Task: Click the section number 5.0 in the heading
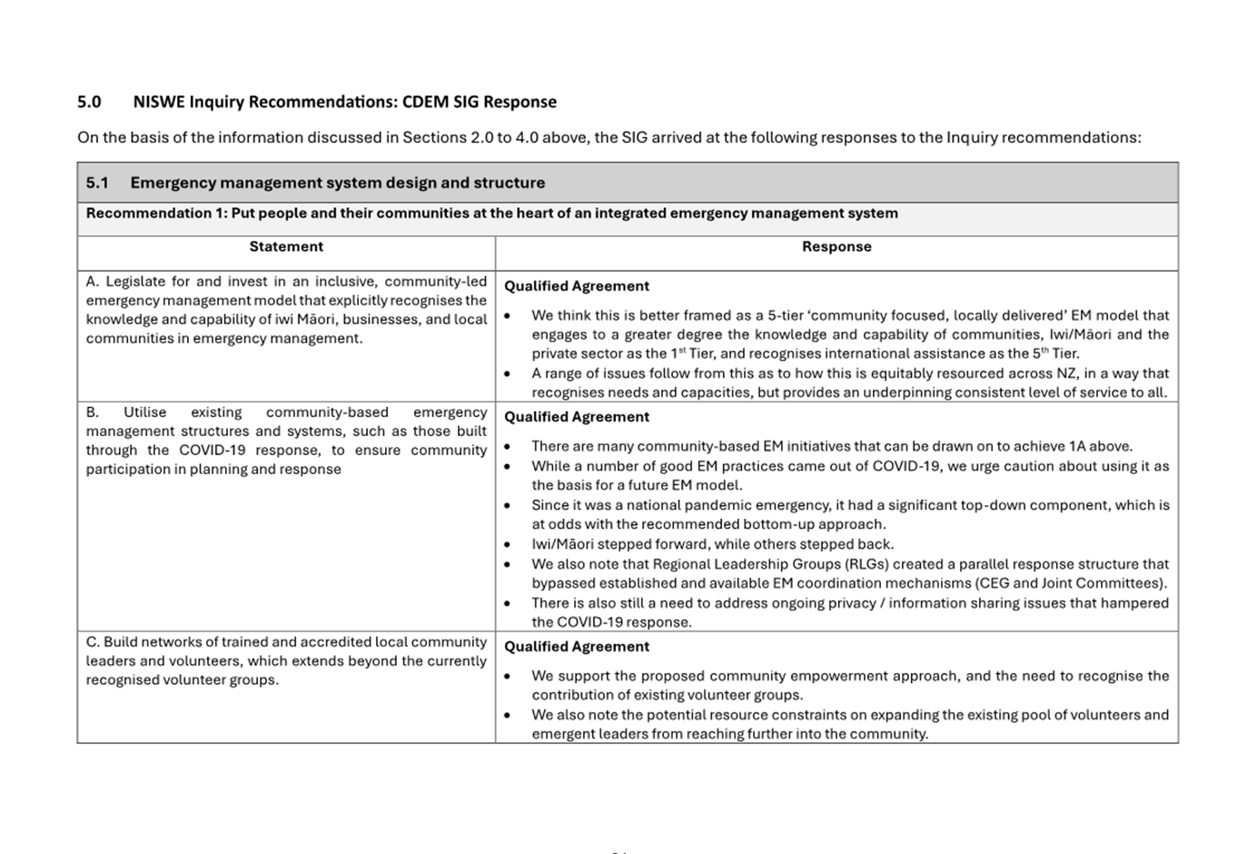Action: click(89, 102)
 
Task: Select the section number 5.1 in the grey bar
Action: click(97, 183)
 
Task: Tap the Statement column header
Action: click(286, 246)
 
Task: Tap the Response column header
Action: click(836, 246)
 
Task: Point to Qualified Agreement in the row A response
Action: click(577, 286)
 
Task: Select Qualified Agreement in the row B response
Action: click(577, 417)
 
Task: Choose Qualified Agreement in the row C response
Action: click(577, 647)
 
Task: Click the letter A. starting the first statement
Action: click(93, 282)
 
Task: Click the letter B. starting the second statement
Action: click(93, 412)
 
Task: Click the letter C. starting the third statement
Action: click(93, 642)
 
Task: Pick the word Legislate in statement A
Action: click(135, 282)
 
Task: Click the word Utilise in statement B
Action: click(145, 412)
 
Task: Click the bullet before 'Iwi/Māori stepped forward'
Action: click(507, 545)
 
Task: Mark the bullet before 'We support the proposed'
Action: click(507, 677)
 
